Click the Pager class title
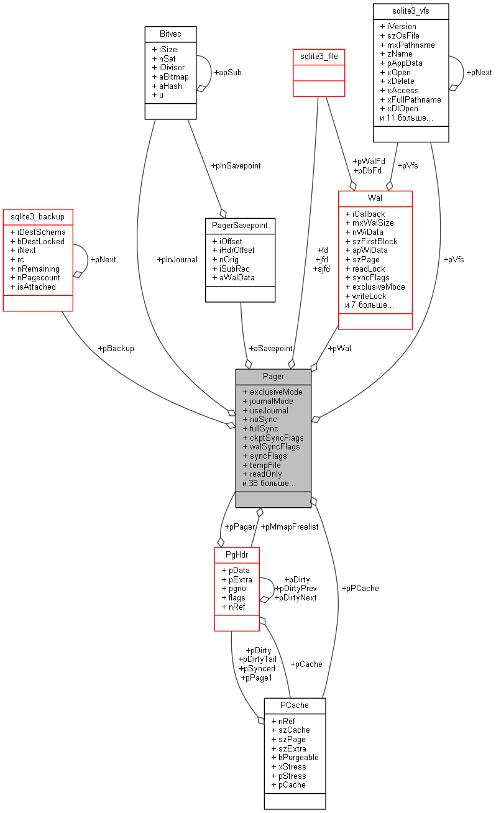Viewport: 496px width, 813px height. click(x=273, y=376)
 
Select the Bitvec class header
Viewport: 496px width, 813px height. click(x=170, y=34)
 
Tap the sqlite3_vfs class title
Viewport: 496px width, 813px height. click(x=410, y=11)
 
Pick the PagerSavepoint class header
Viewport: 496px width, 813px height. click(x=240, y=225)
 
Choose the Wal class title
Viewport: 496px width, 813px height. click(x=375, y=198)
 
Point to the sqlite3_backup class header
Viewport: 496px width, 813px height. click(x=38, y=216)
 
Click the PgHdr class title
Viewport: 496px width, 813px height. click(x=236, y=554)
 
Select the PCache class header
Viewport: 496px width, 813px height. click(x=295, y=705)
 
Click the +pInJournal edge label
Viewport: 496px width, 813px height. click(x=177, y=260)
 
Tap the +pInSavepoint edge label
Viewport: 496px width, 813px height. click(x=236, y=166)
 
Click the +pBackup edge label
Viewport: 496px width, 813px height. click(x=116, y=349)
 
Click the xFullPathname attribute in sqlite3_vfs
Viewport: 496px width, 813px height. click(x=413, y=99)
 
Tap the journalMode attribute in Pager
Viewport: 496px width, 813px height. click(x=271, y=402)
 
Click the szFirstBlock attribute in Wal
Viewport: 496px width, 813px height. click(x=375, y=241)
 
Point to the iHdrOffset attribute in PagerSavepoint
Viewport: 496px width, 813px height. click(x=236, y=250)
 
